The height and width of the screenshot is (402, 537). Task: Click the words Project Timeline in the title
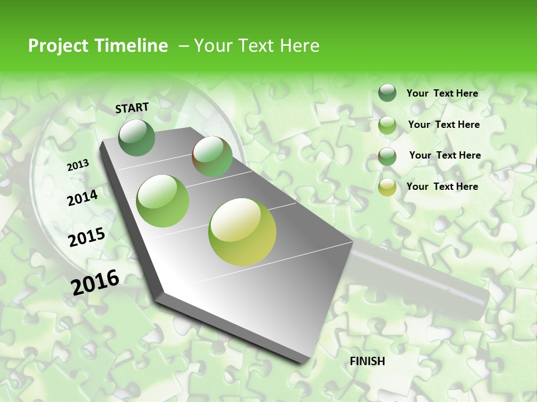pos(98,46)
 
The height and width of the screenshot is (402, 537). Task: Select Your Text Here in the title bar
pos(257,46)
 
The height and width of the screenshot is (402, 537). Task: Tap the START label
pos(132,108)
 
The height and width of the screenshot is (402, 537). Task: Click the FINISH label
pos(368,361)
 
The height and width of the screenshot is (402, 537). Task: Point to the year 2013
pos(78,165)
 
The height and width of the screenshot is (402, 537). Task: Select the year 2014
pos(83,198)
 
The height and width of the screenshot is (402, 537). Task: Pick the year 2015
pos(87,237)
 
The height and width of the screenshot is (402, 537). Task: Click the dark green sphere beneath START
pos(137,138)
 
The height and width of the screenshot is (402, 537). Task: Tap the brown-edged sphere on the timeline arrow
pos(213,157)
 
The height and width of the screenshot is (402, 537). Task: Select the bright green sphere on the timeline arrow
pos(163,201)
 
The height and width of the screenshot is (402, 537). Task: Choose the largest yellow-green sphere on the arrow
pos(242,232)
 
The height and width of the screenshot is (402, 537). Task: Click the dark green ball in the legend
pos(387,93)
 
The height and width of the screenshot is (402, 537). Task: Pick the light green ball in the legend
pos(387,125)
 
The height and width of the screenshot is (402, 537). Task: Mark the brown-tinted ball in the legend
pos(387,156)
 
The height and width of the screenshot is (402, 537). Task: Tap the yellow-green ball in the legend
pos(387,188)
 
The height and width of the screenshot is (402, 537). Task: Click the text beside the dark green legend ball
pos(442,93)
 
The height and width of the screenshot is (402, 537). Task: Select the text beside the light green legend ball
pos(444,125)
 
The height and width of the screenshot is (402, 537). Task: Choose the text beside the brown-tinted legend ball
pos(445,155)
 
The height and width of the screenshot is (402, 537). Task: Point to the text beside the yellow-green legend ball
pos(442,186)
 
